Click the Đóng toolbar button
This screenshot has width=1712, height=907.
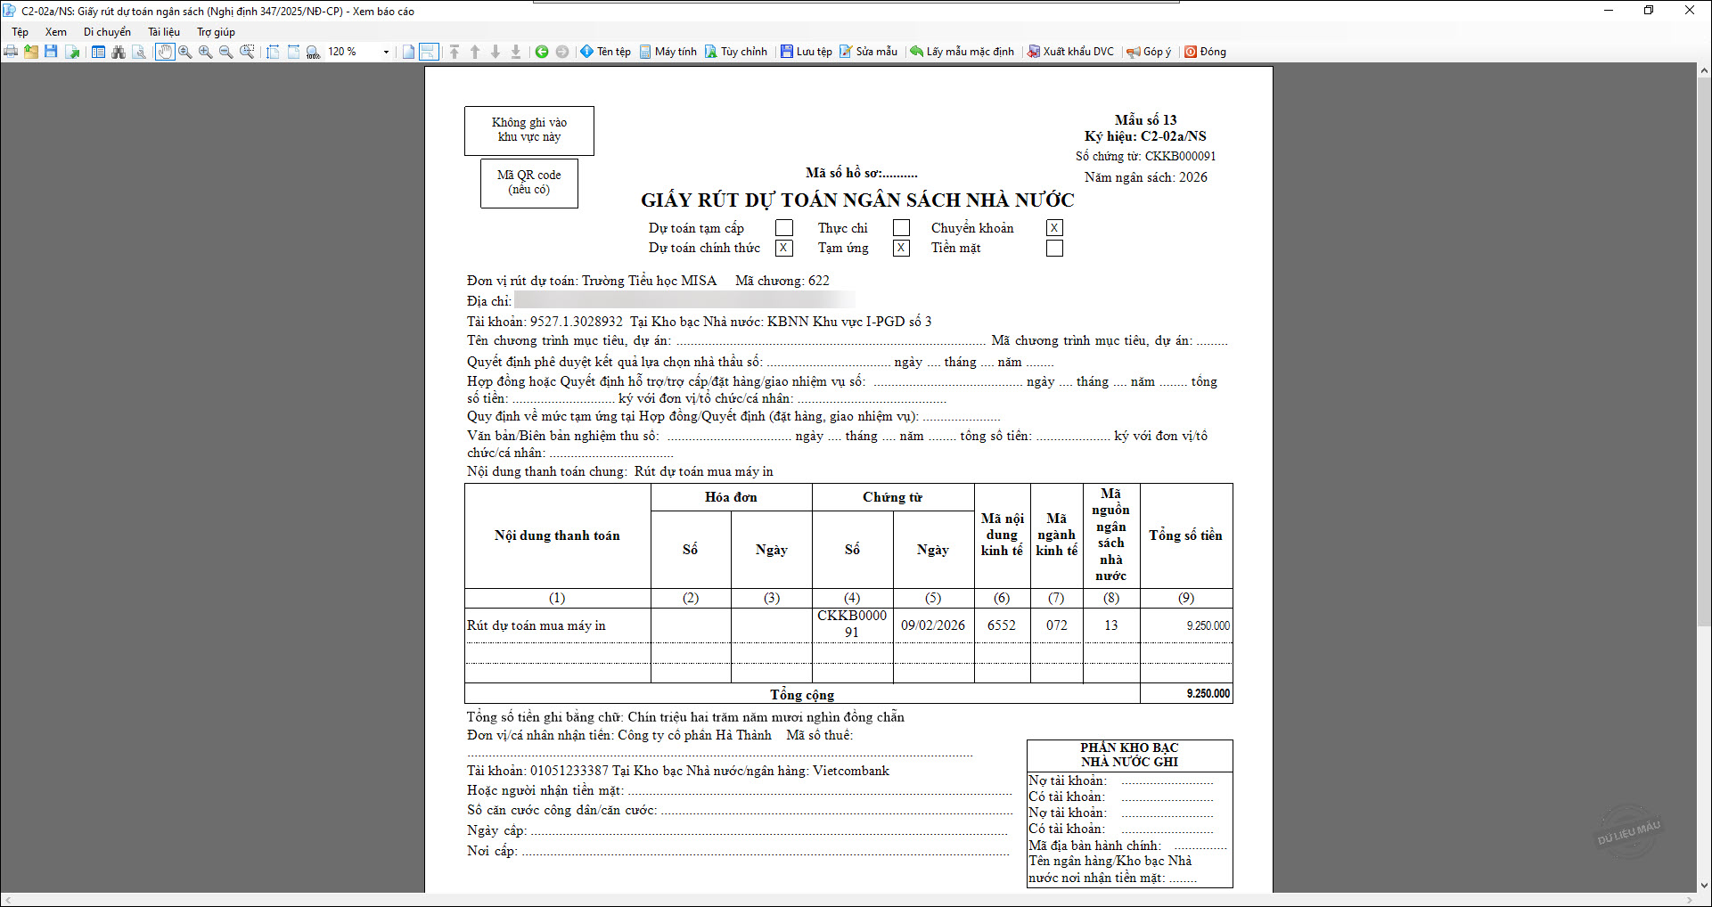pos(1205,52)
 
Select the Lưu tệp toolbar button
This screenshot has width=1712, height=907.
pos(807,52)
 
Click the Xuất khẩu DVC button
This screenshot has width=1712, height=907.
pos(1070,52)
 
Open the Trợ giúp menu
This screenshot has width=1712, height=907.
pos(216,32)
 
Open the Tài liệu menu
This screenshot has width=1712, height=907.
pos(164,32)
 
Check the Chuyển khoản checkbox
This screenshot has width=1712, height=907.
pos(1054,228)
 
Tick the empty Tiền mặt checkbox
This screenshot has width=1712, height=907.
pos(1054,249)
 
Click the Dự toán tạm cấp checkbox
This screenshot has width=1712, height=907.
pos(784,228)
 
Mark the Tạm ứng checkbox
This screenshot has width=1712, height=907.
pos(902,249)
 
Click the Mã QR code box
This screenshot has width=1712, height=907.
pos(529,183)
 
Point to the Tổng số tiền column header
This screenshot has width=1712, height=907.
pos(1185,535)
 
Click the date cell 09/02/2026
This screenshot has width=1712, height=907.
pos(933,625)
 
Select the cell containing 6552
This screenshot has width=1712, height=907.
pos(1002,625)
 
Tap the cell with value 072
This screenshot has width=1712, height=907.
pos(1057,625)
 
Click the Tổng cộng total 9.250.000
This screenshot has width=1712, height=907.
pos(1208,693)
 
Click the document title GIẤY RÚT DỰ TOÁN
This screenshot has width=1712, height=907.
pos(857,200)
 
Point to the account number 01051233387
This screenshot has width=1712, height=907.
pos(569,771)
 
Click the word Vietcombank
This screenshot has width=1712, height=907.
pos(851,771)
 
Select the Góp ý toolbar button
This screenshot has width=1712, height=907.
pos(1149,52)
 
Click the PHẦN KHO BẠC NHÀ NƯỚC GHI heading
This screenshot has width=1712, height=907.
pos(1129,755)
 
